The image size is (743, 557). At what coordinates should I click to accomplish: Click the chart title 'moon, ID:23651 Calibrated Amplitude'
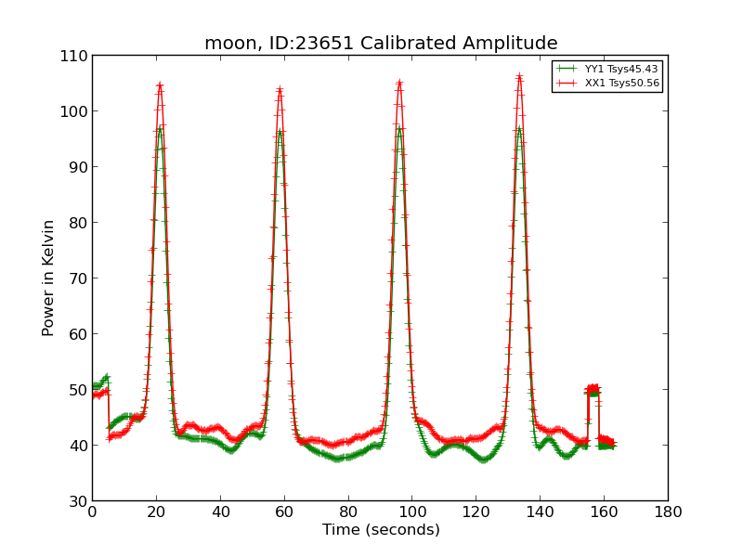[381, 44]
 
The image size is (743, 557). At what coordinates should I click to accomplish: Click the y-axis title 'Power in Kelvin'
[49, 278]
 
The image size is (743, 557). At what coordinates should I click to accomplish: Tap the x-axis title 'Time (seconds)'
[381, 530]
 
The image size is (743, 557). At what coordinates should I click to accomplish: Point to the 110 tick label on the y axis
[77, 56]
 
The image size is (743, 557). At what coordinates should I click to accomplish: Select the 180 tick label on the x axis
[668, 512]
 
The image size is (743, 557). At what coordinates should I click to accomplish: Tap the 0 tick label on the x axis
[92, 512]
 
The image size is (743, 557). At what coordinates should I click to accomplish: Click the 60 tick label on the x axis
[284, 512]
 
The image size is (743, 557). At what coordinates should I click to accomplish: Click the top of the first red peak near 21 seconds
[160, 85]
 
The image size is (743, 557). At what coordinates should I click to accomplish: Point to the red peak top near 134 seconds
[519, 76]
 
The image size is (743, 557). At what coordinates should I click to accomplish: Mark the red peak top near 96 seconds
[399, 83]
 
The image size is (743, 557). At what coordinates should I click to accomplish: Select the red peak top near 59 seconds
[280, 89]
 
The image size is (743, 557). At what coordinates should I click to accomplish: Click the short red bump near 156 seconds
[592, 389]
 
